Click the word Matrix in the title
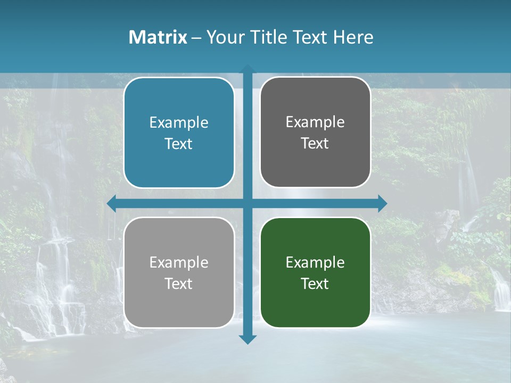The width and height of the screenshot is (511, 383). coord(158,37)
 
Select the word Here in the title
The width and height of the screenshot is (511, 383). coord(353,37)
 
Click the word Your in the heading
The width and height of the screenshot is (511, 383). coord(223,37)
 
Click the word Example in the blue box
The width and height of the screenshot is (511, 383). coord(179,123)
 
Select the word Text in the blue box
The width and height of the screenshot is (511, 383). coord(179,144)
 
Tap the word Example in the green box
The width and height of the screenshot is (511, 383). coord(315,262)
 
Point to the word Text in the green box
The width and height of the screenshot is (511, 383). coord(315,284)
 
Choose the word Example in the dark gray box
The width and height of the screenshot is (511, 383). coord(315,122)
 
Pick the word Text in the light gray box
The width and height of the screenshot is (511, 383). coord(179,284)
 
